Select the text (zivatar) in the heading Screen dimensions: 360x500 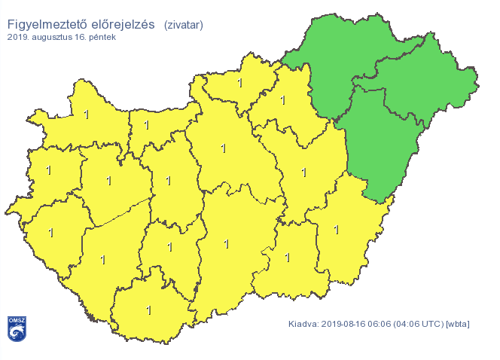point(183,26)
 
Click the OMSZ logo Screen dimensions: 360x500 point(17,328)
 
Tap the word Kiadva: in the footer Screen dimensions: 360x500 point(303,325)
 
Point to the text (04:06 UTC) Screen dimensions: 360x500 point(419,325)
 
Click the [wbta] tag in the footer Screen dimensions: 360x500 point(458,325)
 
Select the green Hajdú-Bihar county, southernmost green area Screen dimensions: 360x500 point(384,143)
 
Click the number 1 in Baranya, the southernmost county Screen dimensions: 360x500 point(148,310)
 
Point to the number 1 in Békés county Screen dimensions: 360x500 point(336,229)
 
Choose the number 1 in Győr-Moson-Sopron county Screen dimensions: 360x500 point(86,114)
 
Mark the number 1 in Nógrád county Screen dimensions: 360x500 point(240,83)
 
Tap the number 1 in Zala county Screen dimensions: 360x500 point(50,233)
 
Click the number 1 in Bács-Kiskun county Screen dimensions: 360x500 point(225,244)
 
